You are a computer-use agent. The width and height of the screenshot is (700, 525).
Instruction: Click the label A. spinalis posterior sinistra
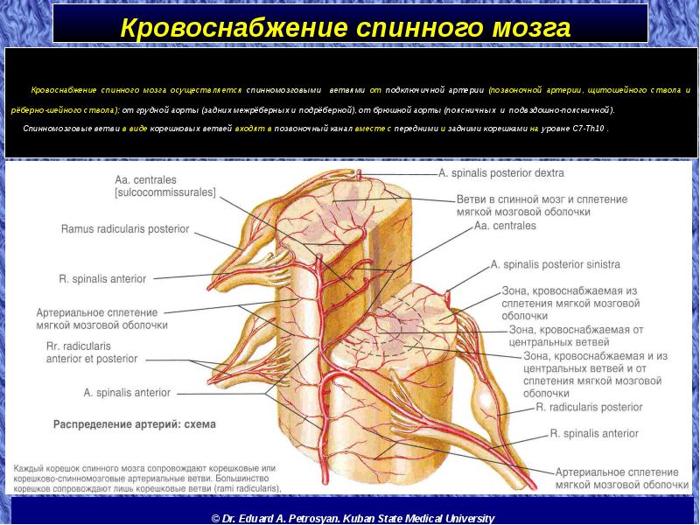(x=555, y=263)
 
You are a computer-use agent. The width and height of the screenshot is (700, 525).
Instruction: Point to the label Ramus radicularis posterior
(x=124, y=229)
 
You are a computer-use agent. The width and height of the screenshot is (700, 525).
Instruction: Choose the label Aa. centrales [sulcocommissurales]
(x=164, y=187)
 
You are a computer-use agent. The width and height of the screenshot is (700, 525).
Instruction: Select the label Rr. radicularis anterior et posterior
(x=91, y=353)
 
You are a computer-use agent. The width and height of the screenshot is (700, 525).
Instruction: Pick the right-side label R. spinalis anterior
(x=594, y=432)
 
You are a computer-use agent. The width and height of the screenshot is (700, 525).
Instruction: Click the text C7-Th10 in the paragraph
(x=583, y=128)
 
